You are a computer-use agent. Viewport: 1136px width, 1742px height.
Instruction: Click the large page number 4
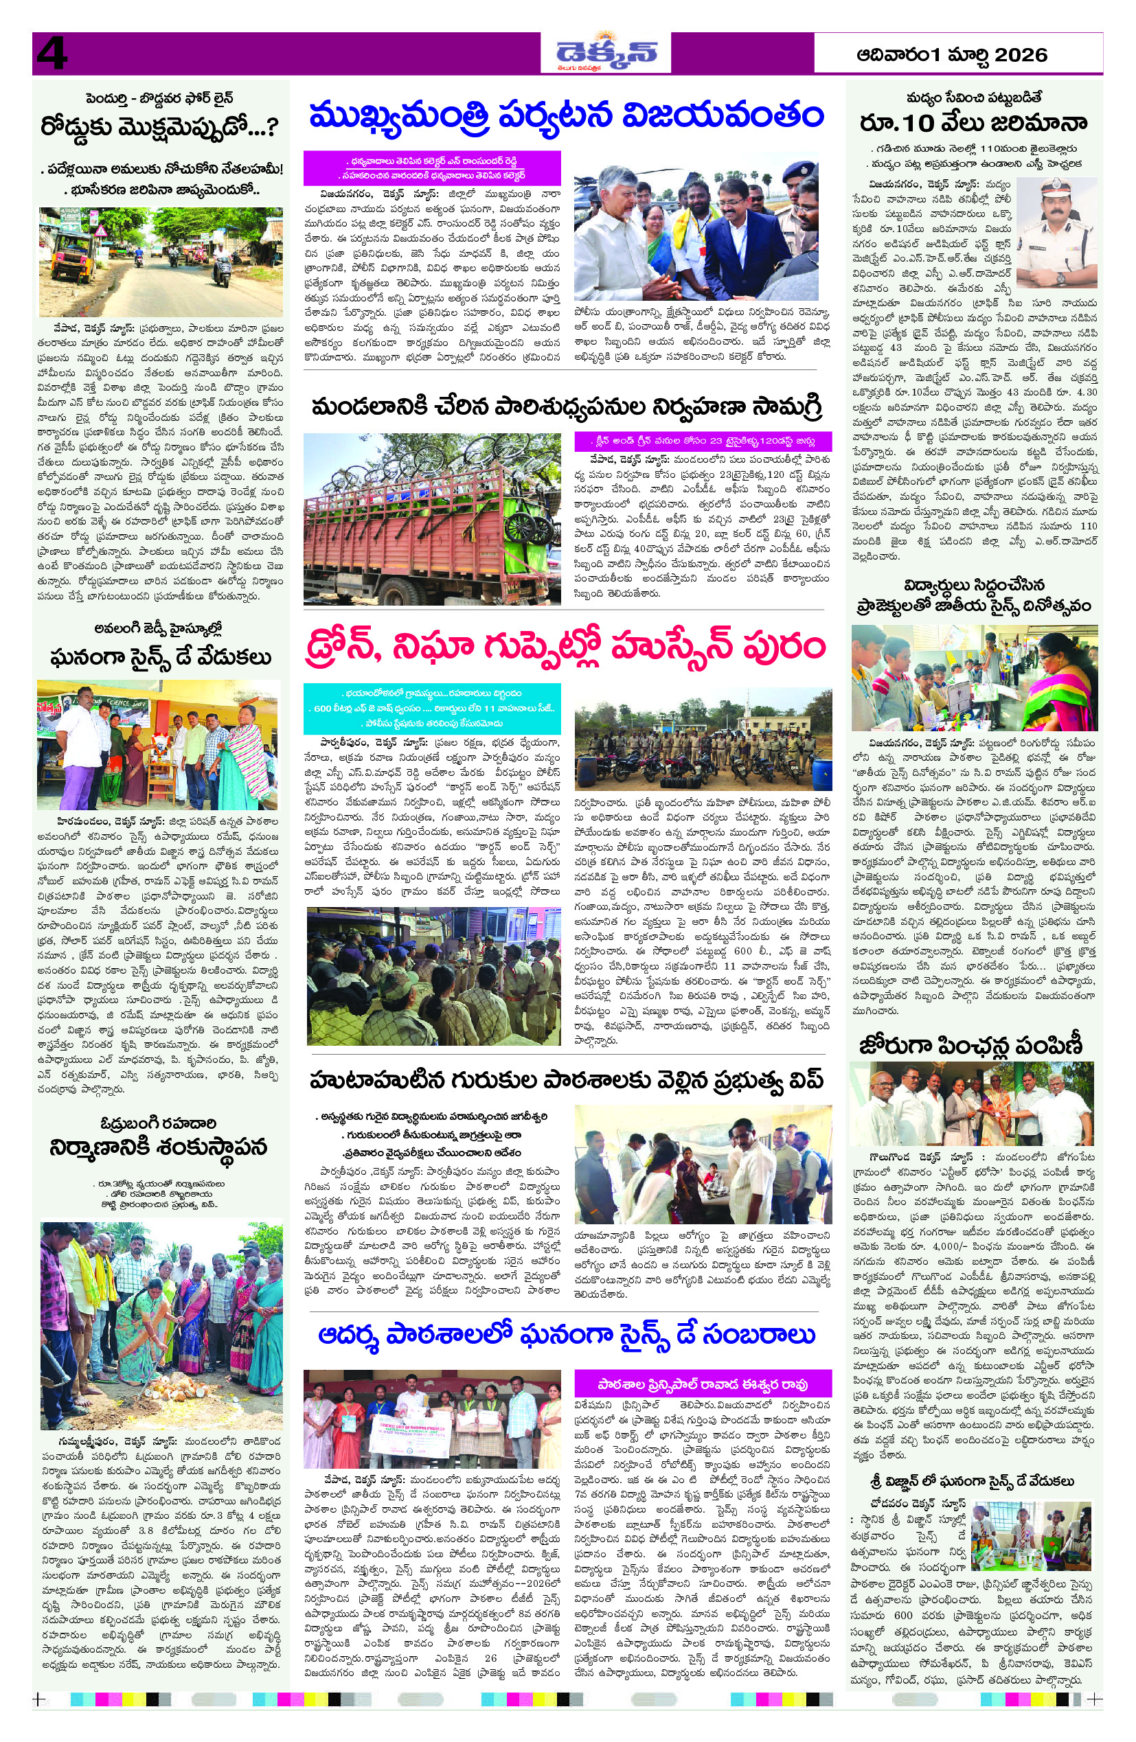point(52,54)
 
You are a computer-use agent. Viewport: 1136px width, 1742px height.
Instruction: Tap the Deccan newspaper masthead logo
point(606,54)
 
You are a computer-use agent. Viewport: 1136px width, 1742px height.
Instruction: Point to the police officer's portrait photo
point(1056,233)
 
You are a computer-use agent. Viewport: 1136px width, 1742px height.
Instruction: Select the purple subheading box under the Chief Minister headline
point(432,168)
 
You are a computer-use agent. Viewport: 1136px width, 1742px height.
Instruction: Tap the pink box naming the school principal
point(703,1384)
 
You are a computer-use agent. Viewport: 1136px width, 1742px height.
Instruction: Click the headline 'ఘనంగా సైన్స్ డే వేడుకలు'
point(160,657)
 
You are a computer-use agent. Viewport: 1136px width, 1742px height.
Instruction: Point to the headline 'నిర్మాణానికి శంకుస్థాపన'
point(159,1147)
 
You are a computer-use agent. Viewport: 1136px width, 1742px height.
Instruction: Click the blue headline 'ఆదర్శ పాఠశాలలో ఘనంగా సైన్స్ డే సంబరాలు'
point(566,1334)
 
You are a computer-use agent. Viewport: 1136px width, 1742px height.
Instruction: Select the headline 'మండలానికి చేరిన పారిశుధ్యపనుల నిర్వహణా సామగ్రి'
point(566,406)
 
